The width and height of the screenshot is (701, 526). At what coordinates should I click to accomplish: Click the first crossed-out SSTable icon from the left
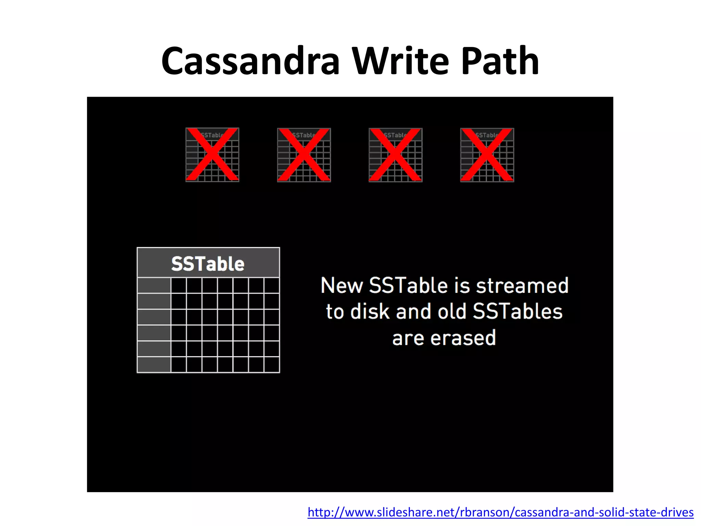[x=212, y=155]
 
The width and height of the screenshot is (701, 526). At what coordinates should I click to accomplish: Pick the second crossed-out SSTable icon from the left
[x=304, y=155]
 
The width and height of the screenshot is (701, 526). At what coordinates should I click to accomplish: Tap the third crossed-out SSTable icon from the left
[x=395, y=155]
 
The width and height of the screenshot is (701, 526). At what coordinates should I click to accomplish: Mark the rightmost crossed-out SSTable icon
[x=487, y=155]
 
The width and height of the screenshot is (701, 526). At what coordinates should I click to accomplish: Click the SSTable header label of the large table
[x=208, y=264]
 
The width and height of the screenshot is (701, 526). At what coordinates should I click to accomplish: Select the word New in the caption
[x=341, y=286]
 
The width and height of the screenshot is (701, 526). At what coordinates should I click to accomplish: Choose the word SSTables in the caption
[x=518, y=312]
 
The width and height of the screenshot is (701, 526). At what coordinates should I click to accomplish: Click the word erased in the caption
[x=463, y=338]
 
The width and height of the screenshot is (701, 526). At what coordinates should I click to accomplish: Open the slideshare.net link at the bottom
[x=500, y=512]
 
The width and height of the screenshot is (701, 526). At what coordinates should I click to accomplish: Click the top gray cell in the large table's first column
[x=154, y=285]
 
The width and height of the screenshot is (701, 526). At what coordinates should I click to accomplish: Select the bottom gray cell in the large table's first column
[x=154, y=364]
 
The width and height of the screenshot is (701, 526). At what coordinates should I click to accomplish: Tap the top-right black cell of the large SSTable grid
[x=272, y=285]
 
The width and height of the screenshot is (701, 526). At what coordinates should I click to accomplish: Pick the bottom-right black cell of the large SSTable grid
[x=272, y=364]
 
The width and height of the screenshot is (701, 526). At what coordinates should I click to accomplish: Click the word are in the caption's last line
[x=408, y=338]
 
